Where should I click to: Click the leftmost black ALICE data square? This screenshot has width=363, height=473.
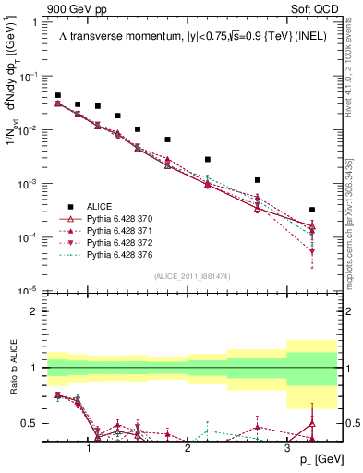point(58,95)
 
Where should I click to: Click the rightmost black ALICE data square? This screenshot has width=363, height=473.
point(312,210)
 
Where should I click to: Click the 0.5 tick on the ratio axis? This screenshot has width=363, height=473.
point(33,423)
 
